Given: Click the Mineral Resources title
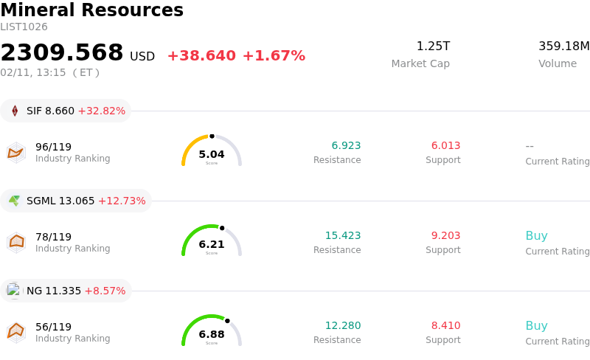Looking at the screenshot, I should [91, 10].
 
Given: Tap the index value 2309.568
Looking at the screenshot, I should [62, 52].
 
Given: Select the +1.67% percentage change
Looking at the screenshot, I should [274, 56].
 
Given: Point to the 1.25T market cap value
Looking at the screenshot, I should [433, 46].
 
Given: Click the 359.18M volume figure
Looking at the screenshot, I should [563, 46].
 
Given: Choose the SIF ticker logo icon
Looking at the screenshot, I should [15, 111].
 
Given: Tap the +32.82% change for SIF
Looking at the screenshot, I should [101, 111].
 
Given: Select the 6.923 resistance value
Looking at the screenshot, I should [346, 145].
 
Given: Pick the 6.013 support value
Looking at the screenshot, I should [445, 145].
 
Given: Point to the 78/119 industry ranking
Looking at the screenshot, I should [53, 237].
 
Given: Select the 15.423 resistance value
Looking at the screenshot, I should [343, 235].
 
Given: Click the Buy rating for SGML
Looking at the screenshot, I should [536, 236].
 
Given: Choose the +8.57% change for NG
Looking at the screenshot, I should [105, 291].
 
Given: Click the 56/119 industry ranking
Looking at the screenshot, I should [53, 327].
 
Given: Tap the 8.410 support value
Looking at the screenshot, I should [445, 325].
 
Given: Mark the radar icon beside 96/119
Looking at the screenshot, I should [15, 153].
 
